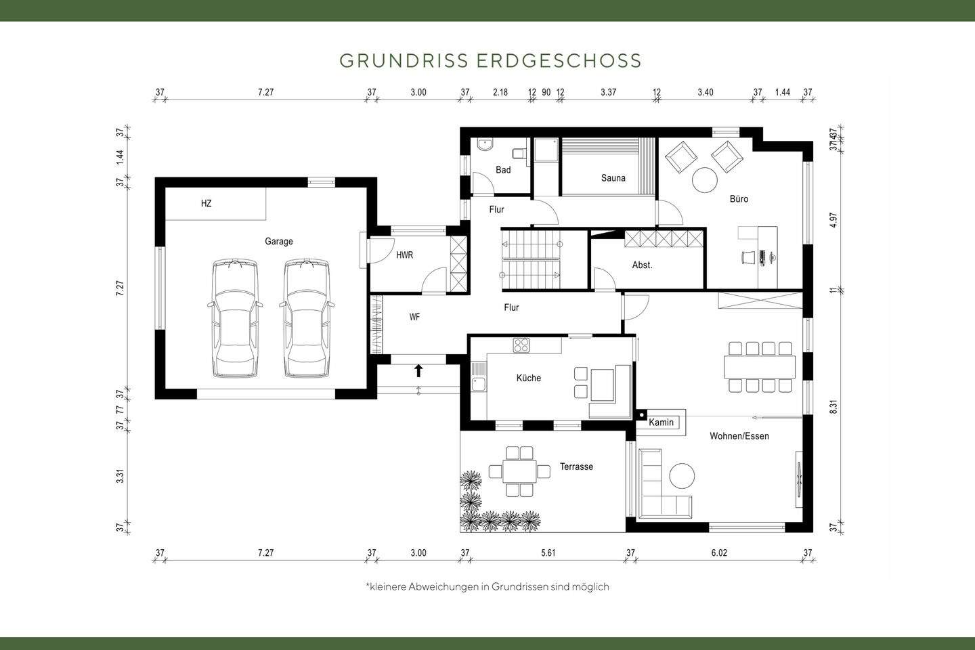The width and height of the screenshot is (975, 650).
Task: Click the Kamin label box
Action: [x=662, y=422]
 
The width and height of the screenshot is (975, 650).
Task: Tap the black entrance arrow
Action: [x=418, y=370]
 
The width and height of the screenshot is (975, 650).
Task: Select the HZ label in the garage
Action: [x=206, y=203]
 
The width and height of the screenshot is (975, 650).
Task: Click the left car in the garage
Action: [x=234, y=318]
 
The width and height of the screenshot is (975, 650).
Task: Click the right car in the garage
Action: [x=307, y=318]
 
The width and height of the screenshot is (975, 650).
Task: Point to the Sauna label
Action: [x=613, y=178]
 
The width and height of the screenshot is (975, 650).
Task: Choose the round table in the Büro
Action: [x=704, y=180]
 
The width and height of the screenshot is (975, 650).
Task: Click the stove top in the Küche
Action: [x=521, y=346]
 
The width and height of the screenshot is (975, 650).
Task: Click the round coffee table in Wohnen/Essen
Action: [x=682, y=476]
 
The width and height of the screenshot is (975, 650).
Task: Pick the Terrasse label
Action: [x=576, y=467]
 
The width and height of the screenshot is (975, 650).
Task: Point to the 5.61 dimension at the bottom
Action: [x=548, y=552]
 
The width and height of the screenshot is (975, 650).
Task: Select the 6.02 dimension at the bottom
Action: [x=719, y=552]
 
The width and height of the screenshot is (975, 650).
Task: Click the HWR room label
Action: [x=404, y=255]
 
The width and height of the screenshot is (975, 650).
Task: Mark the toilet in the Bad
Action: [x=519, y=152]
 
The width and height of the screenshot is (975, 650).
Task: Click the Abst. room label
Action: [x=642, y=265]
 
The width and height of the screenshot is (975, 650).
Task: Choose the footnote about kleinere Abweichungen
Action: [x=487, y=586]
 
